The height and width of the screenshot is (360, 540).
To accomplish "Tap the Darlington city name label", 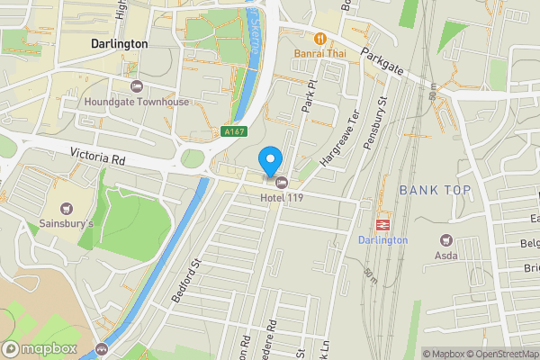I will pos(119,43).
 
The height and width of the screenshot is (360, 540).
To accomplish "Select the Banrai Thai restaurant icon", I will pos(319,38).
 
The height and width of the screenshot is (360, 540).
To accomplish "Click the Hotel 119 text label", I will pos(281,197).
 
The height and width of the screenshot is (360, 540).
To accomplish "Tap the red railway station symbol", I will pos(383,225).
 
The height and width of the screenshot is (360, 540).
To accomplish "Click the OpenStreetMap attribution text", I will pos(497,354).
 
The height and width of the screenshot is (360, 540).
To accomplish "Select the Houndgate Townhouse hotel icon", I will pos(136,86).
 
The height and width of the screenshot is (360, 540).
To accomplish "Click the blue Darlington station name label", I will pos(383,240).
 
